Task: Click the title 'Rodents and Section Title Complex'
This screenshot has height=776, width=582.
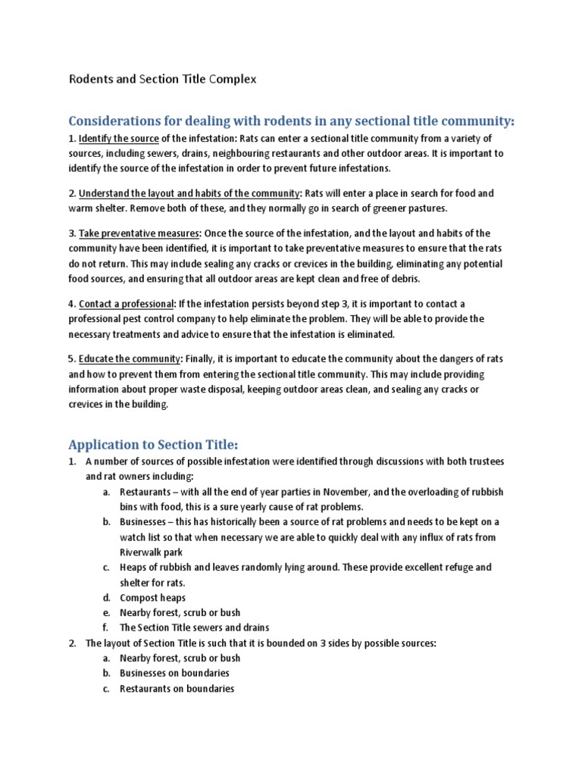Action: pos(163,78)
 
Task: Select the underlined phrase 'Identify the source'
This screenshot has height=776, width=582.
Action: pos(118,138)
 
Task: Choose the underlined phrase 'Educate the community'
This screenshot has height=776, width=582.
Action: pos(130,358)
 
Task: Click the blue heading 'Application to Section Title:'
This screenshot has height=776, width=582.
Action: pos(153,444)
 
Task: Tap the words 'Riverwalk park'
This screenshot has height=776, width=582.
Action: pos(152,552)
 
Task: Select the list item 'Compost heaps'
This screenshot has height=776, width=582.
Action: pos(152,597)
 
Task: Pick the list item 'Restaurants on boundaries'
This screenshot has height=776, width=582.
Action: pos(177,688)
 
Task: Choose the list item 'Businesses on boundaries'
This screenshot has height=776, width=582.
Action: pos(174,673)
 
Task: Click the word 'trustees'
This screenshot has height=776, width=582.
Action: pos(483,462)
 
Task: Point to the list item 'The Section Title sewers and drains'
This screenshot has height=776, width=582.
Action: pos(194,627)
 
